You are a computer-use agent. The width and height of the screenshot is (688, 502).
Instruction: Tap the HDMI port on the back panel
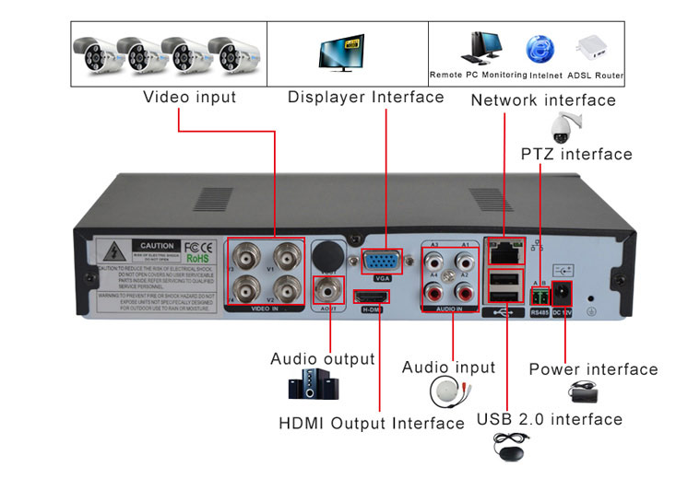click(x=372, y=297)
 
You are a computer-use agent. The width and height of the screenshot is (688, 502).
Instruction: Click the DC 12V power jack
click(x=562, y=294)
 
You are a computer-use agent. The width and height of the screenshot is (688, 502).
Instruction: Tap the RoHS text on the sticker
click(x=200, y=259)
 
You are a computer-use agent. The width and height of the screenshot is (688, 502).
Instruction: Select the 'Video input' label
click(x=190, y=97)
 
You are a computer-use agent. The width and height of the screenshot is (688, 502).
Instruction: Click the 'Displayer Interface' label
click(x=365, y=97)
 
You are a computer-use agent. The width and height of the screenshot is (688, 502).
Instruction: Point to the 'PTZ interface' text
click(x=576, y=154)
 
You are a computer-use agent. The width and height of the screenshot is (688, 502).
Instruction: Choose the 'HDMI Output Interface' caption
click(x=372, y=423)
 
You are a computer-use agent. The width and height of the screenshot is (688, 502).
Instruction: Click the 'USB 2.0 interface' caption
click(x=550, y=419)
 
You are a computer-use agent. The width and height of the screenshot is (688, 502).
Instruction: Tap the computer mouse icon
click(x=510, y=453)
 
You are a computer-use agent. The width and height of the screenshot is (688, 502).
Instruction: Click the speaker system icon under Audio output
click(x=309, y=384)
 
